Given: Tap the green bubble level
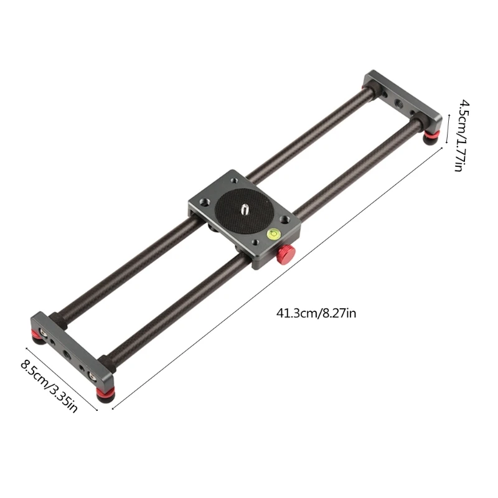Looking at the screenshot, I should [272, 234].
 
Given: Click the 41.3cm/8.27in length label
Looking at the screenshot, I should [316, 312].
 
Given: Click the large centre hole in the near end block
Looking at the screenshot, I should [67, 355].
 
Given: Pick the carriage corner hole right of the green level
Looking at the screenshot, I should [284, 220].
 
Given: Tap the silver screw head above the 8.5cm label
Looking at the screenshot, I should [42, 331].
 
